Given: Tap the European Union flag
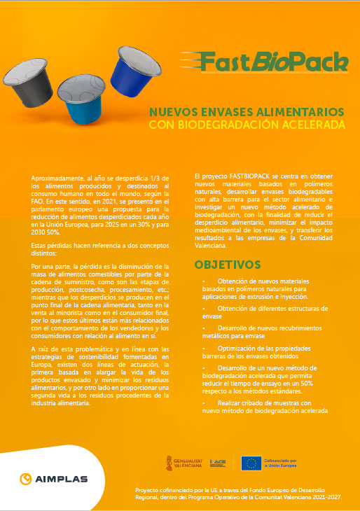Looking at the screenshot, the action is [x=251, y=463].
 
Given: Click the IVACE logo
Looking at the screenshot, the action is [x=219, y=463].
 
